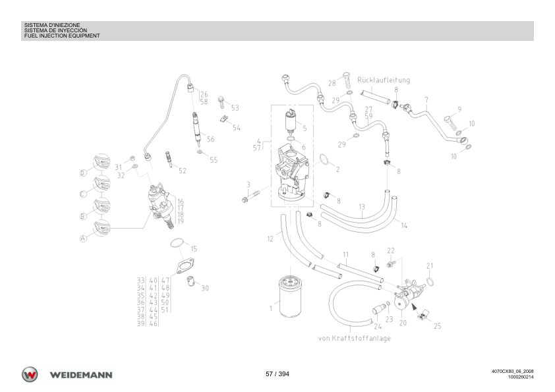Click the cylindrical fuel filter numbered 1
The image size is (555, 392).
pos(290,297)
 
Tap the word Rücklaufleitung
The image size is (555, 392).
pos(384,80)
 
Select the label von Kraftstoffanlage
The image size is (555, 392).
pos(355,338)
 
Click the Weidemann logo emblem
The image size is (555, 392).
pos(30,374)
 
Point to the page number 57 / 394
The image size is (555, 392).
pos(277,374)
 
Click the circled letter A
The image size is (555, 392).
pos(83,238)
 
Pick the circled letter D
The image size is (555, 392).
pos(83,173)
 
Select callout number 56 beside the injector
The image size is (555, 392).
pos(211,139)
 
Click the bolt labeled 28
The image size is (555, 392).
pos(347,82)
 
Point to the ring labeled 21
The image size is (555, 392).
pos(429,281)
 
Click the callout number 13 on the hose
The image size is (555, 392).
pos(361,207)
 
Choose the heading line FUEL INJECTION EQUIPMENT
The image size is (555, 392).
pos(62,36)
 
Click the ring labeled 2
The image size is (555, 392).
pos(324,160)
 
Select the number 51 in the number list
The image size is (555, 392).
pos(165,310)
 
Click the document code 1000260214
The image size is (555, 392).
pos(521,377)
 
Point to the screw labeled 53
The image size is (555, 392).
pos(222,102)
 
